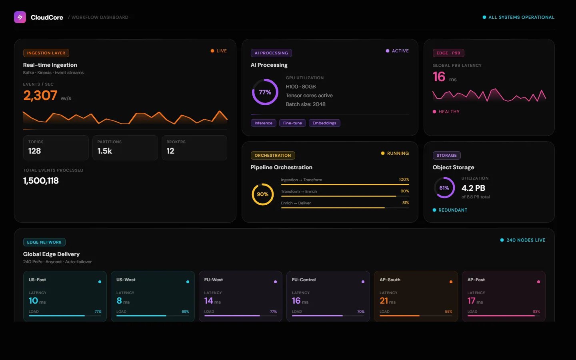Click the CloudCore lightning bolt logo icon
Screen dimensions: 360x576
click(20, 17)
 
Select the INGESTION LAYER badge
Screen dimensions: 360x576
click(46, 53)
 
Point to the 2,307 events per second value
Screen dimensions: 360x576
click(40, 96)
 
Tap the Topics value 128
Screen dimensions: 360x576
click(34, 151)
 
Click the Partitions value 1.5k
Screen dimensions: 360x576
click(104, 151)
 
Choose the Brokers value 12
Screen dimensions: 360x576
click(170, 151)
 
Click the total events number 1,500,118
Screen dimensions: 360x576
click(41, 181)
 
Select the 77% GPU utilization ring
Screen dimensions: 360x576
click(265, 92)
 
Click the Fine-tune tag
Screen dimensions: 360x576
click(292, 123)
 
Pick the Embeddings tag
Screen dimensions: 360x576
click(324, 123)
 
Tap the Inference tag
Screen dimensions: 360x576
click(263, 123)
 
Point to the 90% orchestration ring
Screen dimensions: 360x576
click(262, 194)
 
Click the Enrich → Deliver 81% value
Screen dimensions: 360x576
click(406, 203)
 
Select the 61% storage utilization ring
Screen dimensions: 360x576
click(444, 188)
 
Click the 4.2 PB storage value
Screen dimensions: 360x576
click(473, 188)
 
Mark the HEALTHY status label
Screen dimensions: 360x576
click(449, 112)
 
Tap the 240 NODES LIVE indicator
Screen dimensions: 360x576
click(525, 240)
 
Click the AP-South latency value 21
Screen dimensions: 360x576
click(384, 301)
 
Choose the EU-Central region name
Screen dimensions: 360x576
click(304, 280)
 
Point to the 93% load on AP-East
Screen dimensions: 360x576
click(536, 312)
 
